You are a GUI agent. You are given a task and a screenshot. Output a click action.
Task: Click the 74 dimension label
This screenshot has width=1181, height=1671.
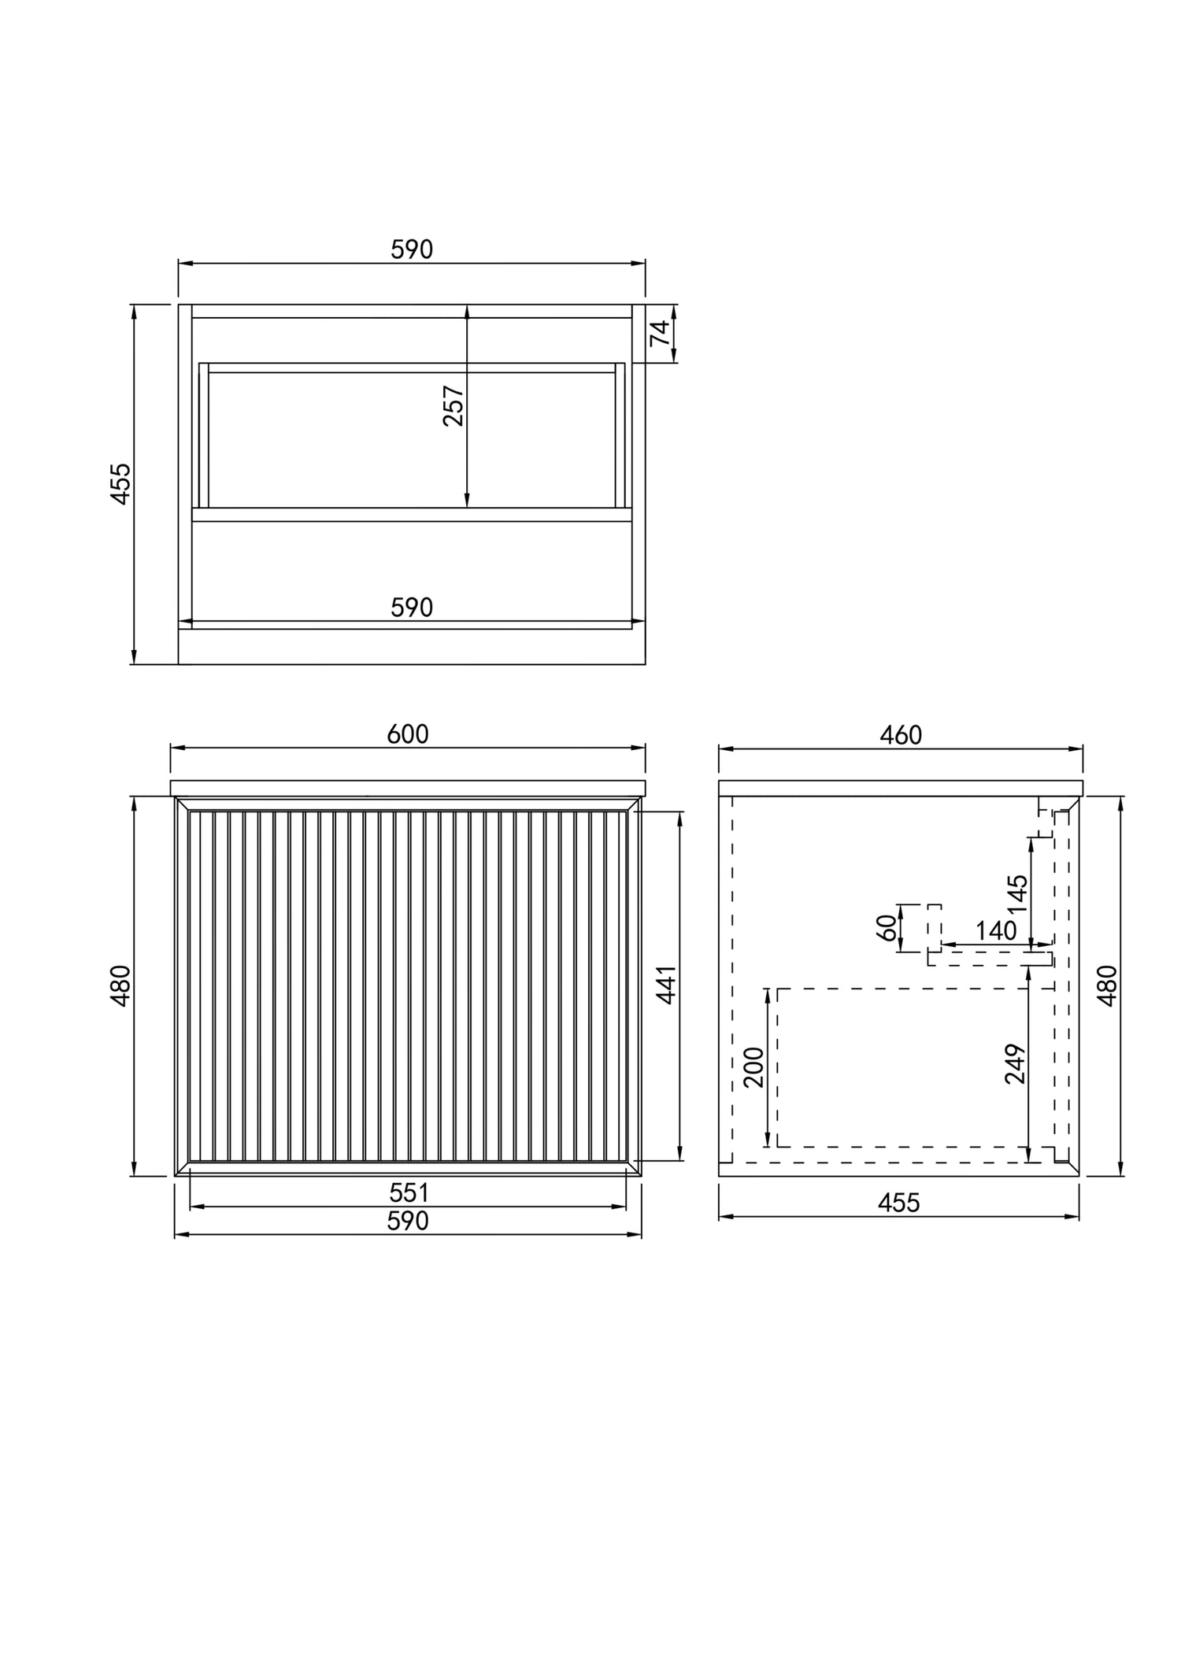[x=662, y=333]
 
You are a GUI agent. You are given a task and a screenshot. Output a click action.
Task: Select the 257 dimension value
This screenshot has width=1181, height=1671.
[x=454, y=405]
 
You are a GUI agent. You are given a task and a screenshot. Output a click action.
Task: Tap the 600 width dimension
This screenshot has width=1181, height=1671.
[x=408, y=734]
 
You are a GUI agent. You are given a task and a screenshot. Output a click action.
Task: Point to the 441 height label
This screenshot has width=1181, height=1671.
[x=667, y=985]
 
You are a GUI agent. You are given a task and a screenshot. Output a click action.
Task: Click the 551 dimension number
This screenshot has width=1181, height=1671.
[x=409, y=1193]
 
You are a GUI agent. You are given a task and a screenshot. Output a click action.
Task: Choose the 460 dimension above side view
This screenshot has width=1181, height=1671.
[x=900, y=734]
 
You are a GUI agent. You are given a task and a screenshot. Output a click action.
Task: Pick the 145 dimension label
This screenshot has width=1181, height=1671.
[x=1016, y=893]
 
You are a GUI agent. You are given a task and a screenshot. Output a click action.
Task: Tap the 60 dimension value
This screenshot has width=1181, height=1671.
[x=887, y=928]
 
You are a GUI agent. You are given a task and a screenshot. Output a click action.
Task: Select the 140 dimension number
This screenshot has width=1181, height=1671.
[x=996, y=930]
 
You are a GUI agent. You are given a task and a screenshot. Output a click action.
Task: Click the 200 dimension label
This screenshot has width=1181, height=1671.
[x=754, y=1067]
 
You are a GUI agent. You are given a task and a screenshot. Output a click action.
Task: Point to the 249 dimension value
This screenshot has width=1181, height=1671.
[x=1016, y=1064]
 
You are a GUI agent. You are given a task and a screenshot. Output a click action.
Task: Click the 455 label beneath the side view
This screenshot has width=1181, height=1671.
[x=898, y=1203]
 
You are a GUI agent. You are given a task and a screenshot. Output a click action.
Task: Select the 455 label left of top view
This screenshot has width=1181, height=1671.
[x=120, y=483]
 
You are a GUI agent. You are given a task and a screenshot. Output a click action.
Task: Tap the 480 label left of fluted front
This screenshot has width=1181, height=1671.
[x=121, y=985]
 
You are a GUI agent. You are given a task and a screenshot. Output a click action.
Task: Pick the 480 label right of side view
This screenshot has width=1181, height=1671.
[x=1107, y=985]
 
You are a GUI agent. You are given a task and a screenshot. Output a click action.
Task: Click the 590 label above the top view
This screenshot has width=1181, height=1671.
[x=412, y=250]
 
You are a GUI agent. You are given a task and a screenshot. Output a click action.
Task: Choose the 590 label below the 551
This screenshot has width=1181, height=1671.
[x=409, y=1221]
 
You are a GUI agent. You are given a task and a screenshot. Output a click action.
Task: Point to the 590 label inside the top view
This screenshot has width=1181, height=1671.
[x=412, y=608]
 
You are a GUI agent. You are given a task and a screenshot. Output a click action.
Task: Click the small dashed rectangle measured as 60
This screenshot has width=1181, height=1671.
[x=934, y=928]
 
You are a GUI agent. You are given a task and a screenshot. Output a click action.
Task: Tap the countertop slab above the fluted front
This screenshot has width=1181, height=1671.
[x=408, y=788]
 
